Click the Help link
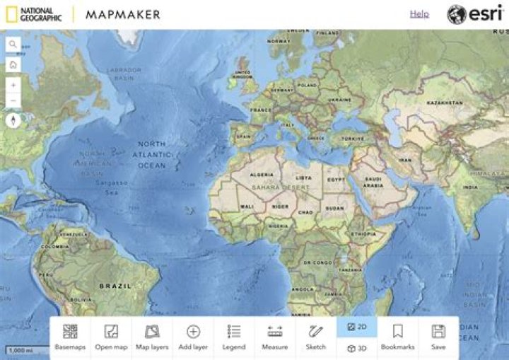(419, 13)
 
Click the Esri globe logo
(457, 14)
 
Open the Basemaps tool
(70, 337)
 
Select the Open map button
(111, 337)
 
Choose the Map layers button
(152, 337)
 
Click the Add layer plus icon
(193, 332)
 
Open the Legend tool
(234, 337)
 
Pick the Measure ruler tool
(275, 337)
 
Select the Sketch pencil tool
(316, 337)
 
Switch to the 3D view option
(357, 348)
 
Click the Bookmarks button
(397, 337)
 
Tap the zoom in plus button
(13, 84)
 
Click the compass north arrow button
(13, 121)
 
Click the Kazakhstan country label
(445, 103)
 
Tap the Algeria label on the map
(262, 174)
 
